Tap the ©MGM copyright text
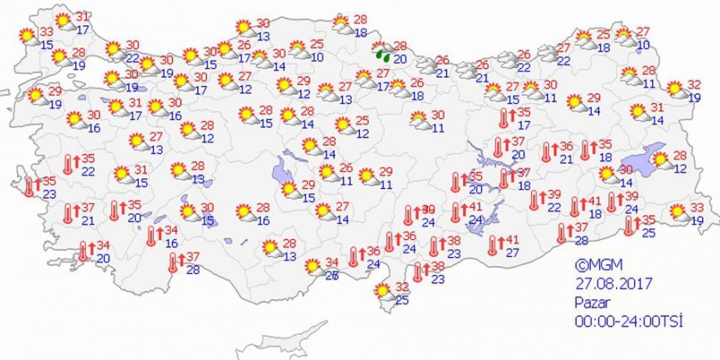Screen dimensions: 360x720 [593, 265]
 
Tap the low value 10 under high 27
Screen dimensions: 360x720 [644, 45]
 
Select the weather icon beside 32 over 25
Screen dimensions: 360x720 [382, 291]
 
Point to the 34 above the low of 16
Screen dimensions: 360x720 [171, 231]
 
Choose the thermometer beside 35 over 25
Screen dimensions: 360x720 [629, 226]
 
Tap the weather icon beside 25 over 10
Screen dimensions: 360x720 [299, 51]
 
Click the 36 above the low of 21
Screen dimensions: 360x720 [565, 146]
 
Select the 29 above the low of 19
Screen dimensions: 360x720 [55, 92]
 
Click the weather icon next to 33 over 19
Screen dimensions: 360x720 [677, 214]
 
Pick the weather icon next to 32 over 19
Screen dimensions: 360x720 [676, 89]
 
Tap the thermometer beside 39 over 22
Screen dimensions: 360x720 [535, 200]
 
